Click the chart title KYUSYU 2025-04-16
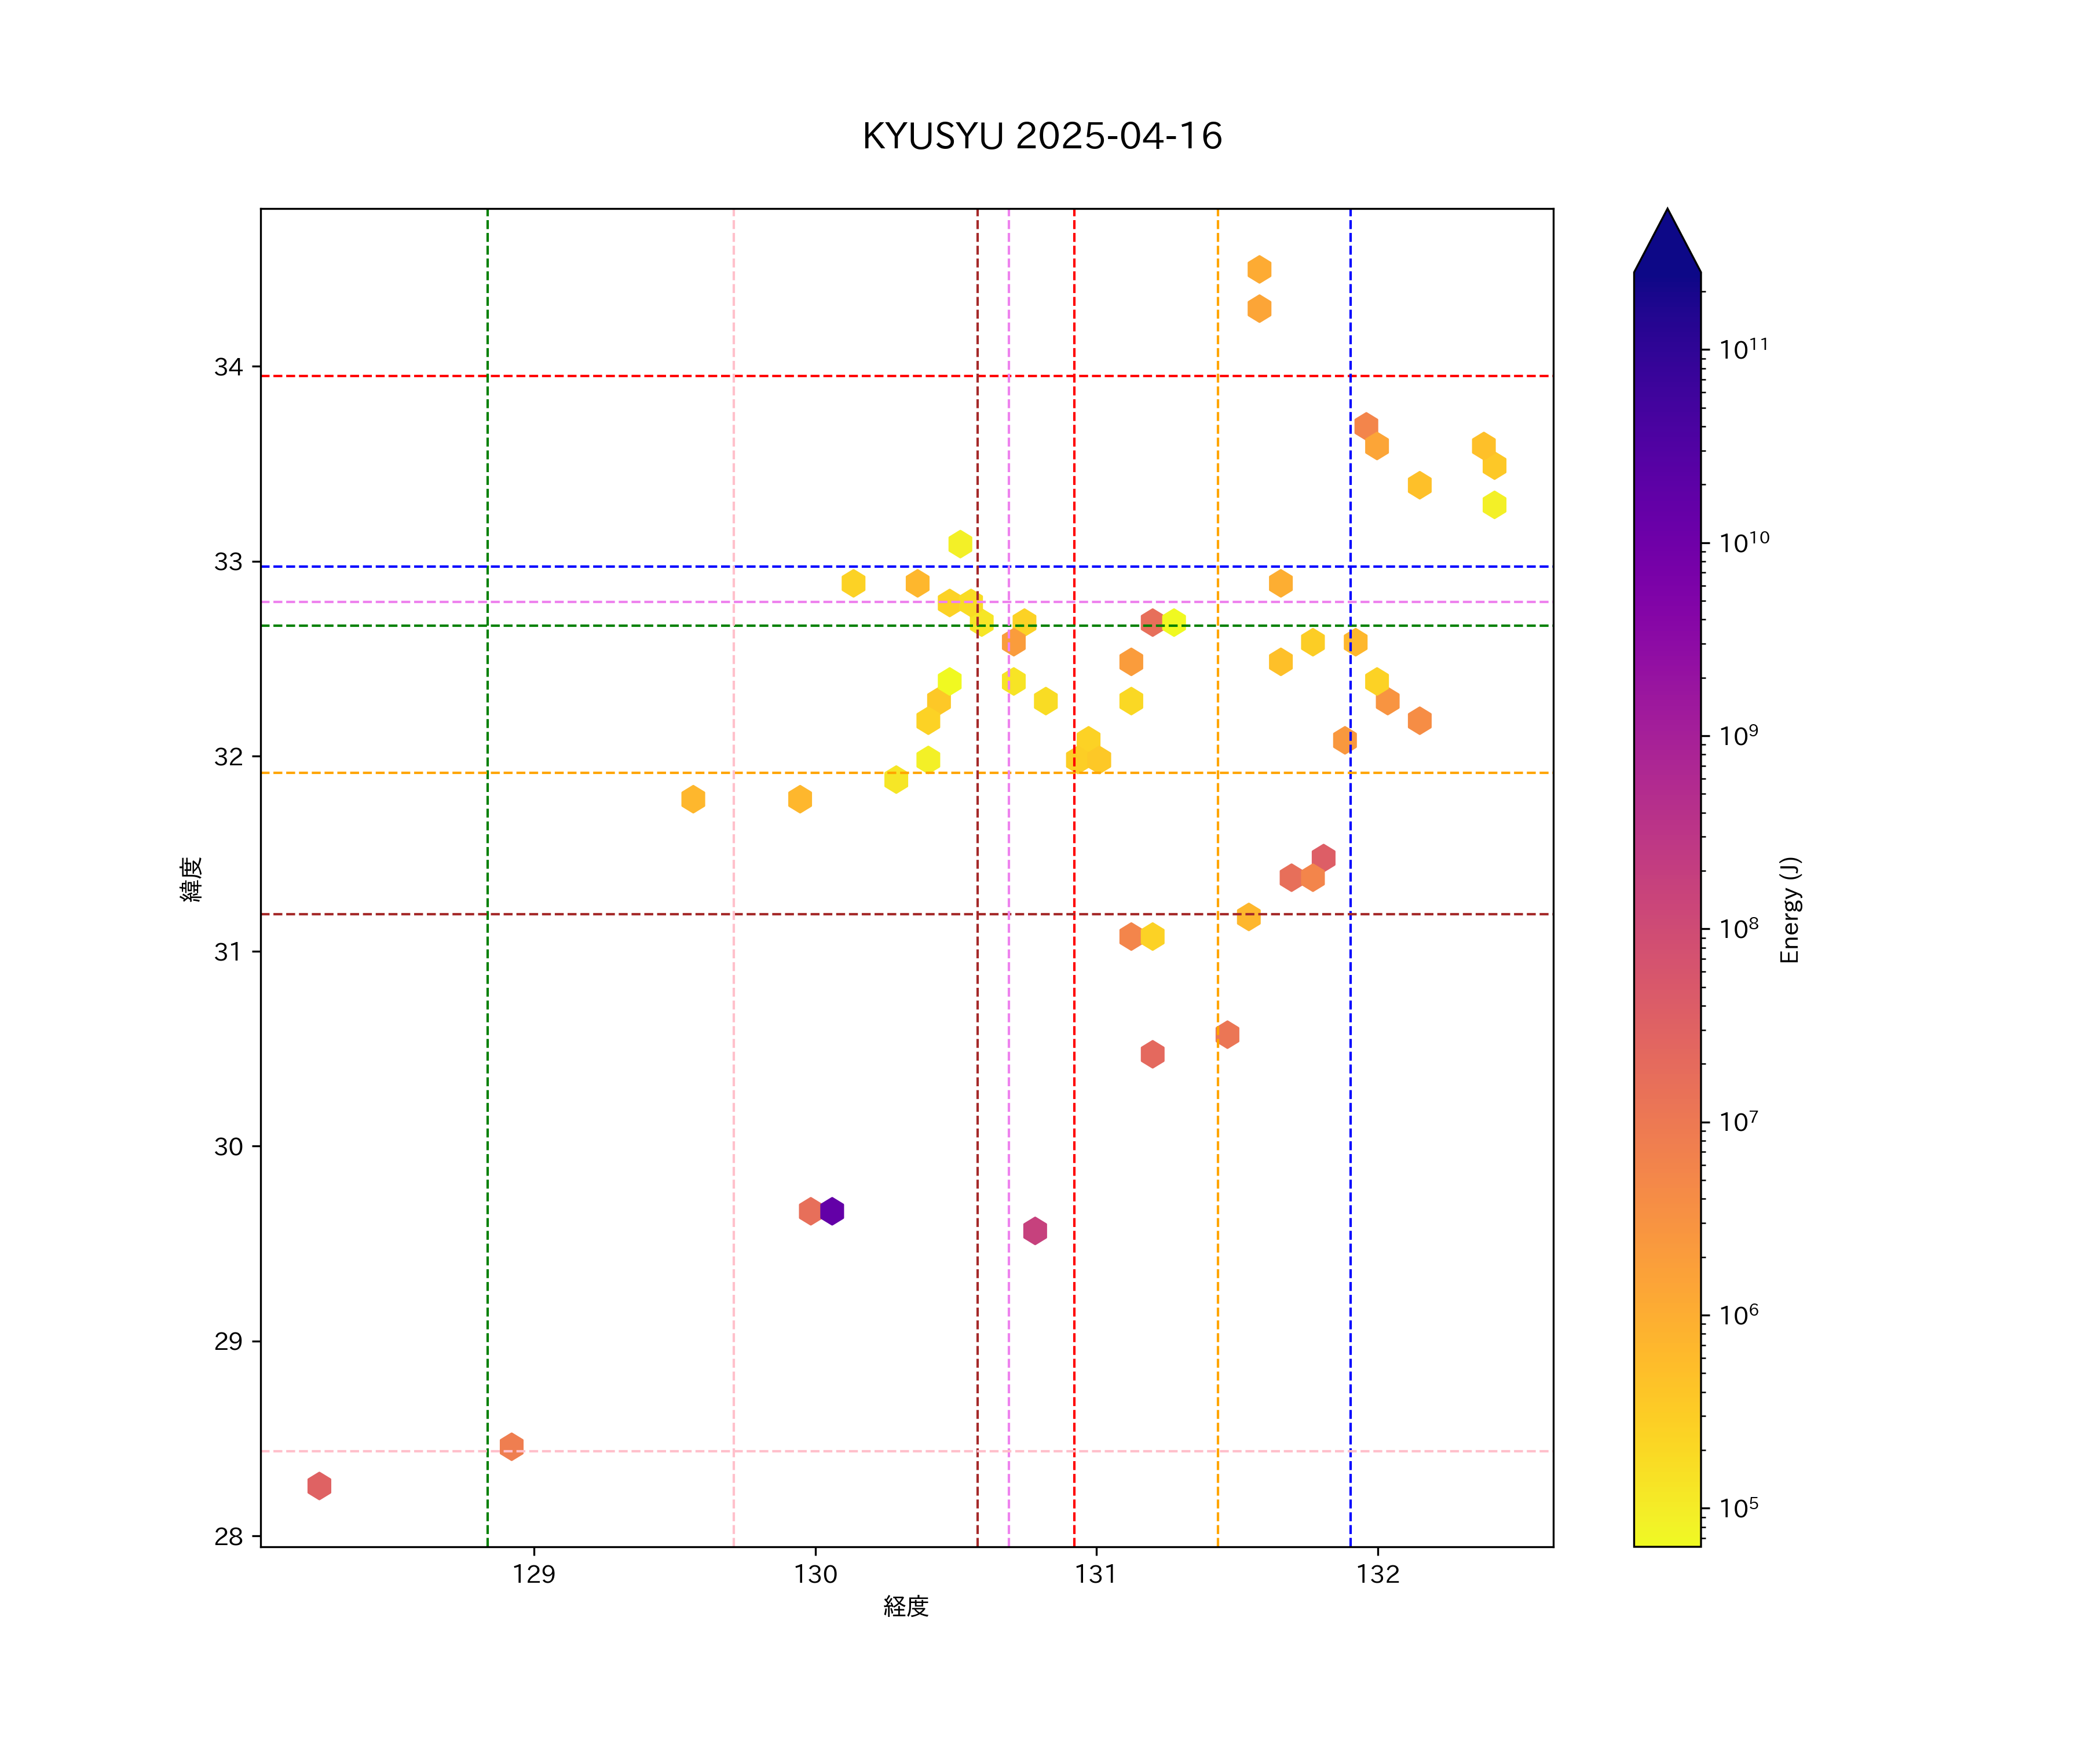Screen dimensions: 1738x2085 coord(1041,136)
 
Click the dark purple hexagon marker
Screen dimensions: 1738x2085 coord(832,1211)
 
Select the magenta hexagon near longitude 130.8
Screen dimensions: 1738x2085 coord(1034,1231)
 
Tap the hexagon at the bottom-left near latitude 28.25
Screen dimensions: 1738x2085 coord(319,1486)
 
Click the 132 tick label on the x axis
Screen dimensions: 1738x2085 coord(1377,1574)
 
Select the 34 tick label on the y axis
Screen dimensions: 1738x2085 coord(228,367)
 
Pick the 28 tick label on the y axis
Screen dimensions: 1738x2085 coord(228,1536)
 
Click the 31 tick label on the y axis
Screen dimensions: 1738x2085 coord(228,951)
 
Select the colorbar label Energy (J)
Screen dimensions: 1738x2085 coord(1790,910)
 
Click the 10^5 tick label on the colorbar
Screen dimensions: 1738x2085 coord(1739,1507)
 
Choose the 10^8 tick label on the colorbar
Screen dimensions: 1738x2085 coord(1739,928)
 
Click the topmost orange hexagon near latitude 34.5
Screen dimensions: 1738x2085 coord(1259,269)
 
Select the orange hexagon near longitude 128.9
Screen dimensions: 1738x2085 coord(511,1446)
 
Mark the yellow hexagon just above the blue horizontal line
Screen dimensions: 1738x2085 coord(960,543)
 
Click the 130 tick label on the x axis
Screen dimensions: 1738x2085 coord(815,1574)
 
